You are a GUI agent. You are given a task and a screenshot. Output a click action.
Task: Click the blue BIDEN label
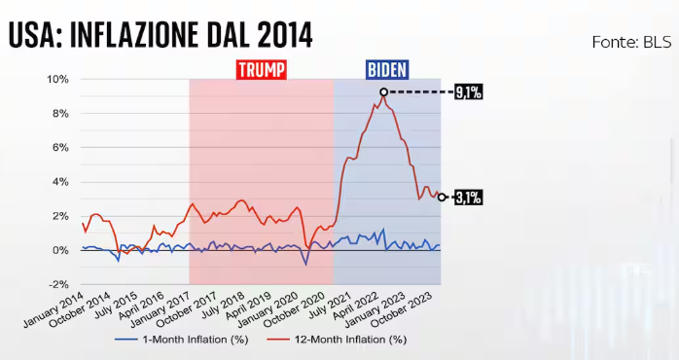[387, 69]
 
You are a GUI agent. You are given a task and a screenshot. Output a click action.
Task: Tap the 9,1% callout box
[468, 92]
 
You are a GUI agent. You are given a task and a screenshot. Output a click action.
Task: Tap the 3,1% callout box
[468, 198]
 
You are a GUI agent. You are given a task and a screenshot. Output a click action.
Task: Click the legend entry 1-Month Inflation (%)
[180, 340]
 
